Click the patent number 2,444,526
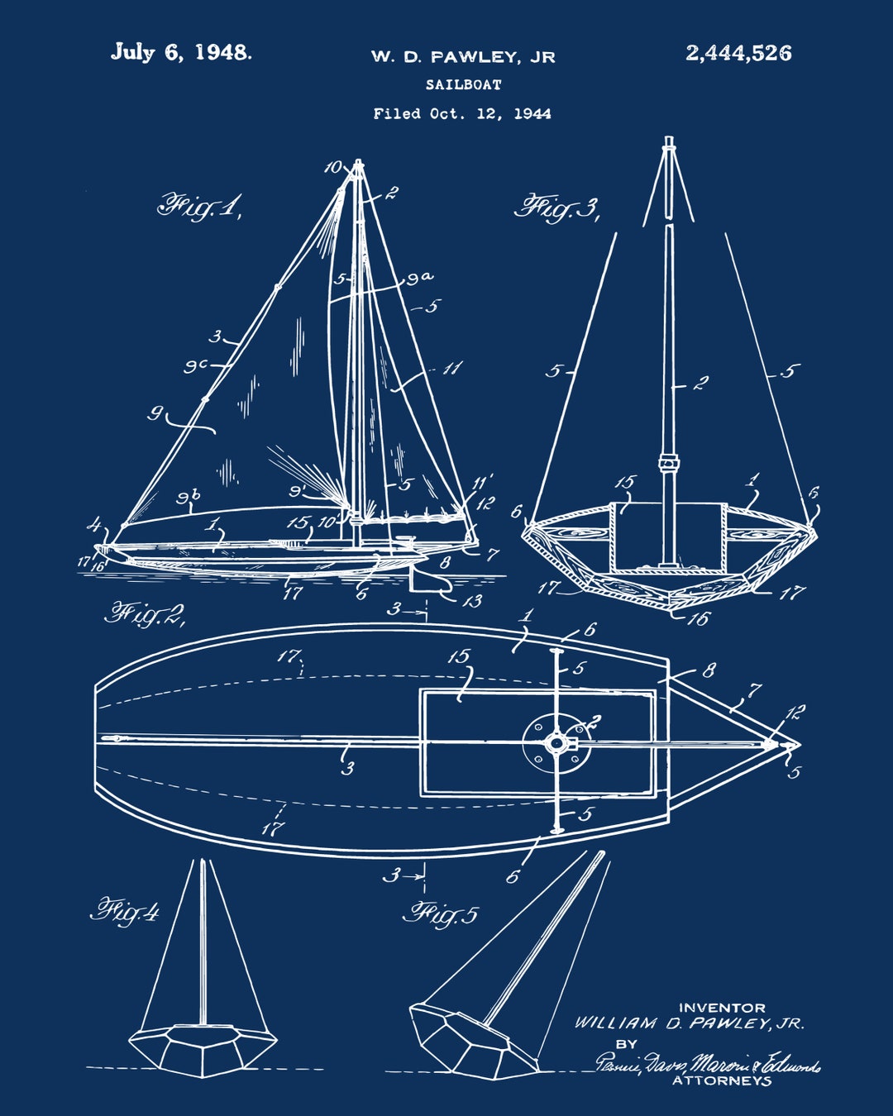click(738, 54)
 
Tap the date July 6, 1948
click(181, 52)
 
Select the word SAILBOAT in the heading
click(464, 84)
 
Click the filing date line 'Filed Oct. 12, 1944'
click(462, 113)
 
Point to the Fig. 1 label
click(199, 207)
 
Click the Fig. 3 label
click(556, 207)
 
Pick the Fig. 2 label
click(144, 614)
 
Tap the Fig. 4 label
click(125, 911)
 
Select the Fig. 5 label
click(440, 913)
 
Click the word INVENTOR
click(722, 1008)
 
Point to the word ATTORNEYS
click(722, 1080)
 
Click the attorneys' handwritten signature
click(708, 1063)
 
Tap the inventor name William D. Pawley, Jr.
click(689, 1023)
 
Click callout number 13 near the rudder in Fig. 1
click(472, 601)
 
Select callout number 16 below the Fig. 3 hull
click(698, 618)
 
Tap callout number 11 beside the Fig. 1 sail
click(451, 368)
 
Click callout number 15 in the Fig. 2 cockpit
click(459, 657)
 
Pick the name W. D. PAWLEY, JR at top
click(463, 57)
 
